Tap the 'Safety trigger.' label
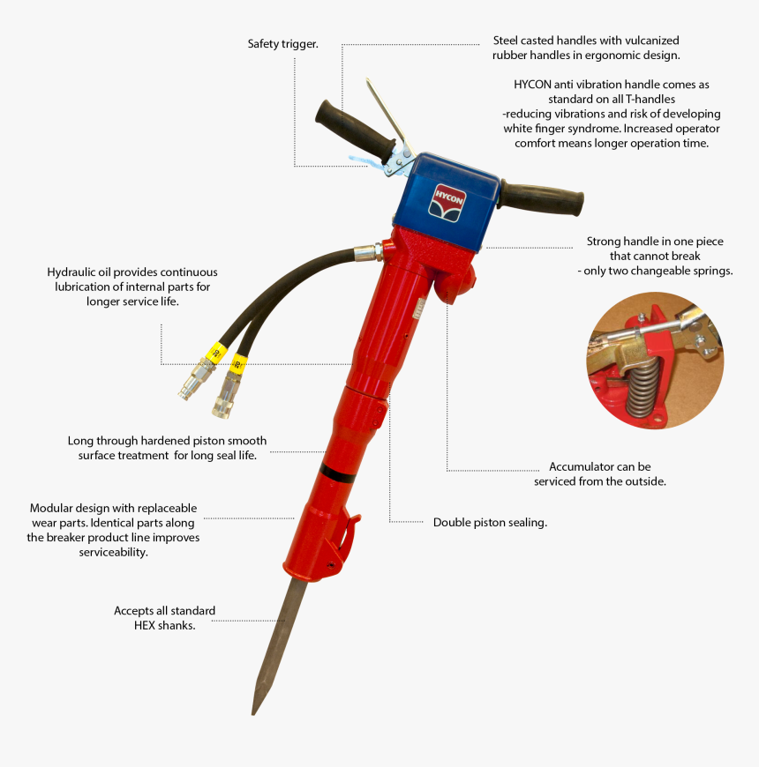282,43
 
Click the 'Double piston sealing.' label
490,522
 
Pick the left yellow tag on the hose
213,353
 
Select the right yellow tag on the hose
237,362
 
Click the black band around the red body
334,472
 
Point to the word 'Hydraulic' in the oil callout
73,272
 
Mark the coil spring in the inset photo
643,388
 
